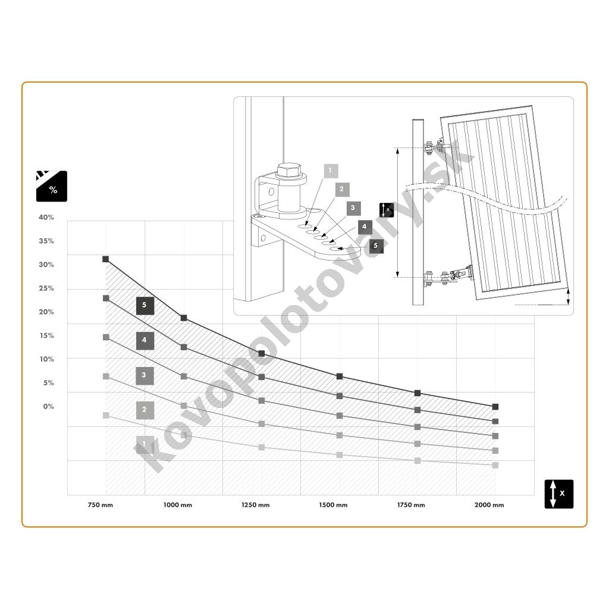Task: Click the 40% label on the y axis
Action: (x=46, y=218)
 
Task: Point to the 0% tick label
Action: (x=49, y=407)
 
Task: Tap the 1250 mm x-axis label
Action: (x=256, y=505)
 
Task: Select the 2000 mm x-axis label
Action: (x=489, y=505)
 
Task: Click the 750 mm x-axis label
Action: (x=100, y=505)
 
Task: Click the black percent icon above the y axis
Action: (x=52, y=186)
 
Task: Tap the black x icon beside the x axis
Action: (x=559, y=494)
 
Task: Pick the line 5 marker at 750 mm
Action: (x=106, y=259)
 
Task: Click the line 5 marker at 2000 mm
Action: (x=495, y=407)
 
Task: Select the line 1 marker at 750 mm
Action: (x=106, y=415)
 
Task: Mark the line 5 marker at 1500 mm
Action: (x=340, y=376)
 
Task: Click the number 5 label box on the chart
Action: (x=145, y=306)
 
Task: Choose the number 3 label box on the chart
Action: (x=145, y=376)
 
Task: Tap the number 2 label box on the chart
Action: (x=145, y=410)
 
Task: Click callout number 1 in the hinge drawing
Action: (x=331, y=171)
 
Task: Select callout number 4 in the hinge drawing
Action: (x=365, y=227)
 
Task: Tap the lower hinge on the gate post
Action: (x=448, y=277)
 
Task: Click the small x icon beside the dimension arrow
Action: (x=387, y=210)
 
